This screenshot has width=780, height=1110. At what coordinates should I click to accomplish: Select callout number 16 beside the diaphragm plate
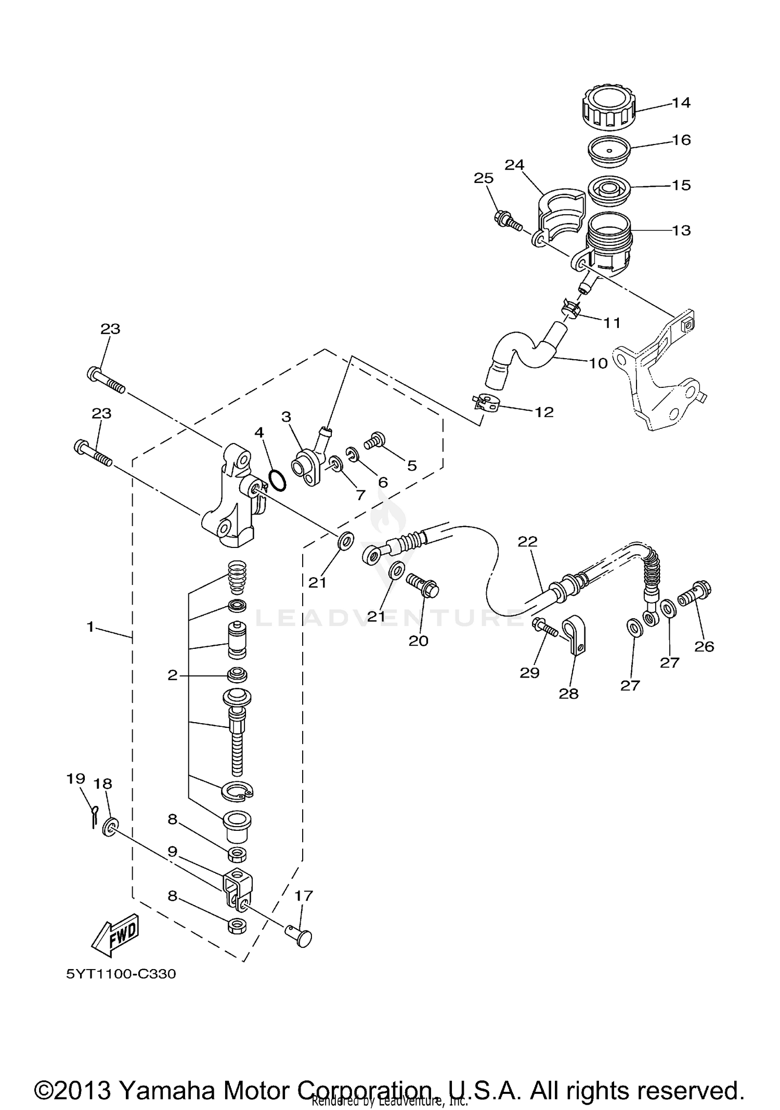pos(681,140)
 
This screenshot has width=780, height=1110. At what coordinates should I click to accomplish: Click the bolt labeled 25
pos(507,220)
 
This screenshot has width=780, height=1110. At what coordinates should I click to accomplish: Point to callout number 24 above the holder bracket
pos(514,165)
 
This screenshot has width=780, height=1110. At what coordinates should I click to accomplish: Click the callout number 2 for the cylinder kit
pos(172,675)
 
